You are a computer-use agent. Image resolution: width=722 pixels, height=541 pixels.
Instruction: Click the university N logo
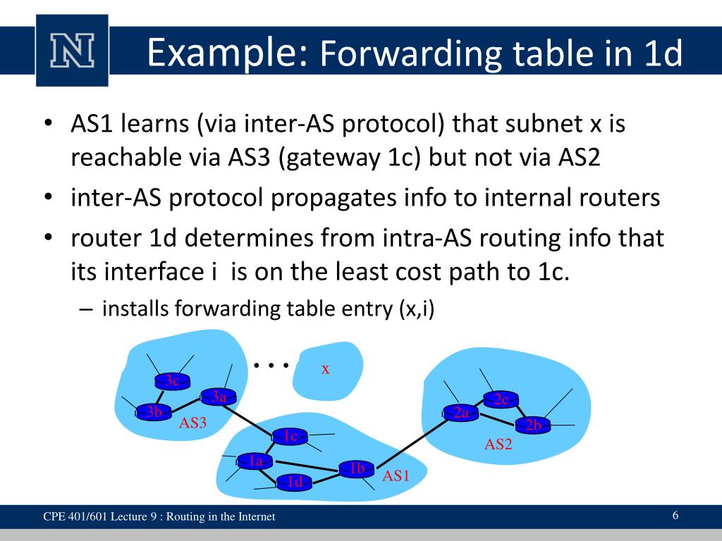click(x=71, y=50)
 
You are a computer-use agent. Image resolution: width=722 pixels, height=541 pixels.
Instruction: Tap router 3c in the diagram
click(x=172, y=381)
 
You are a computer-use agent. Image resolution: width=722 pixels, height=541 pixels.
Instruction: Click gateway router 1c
click(x=290, y=436)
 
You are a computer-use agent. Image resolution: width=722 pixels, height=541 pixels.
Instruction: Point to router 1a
click(x=255, y=461)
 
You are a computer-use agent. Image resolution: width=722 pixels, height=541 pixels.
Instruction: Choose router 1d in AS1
click(x=294, y=482)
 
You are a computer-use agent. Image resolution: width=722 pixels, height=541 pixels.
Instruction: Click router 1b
click(x=356, y=468)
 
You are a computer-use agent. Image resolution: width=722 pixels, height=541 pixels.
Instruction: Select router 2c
click(x=501, y=399)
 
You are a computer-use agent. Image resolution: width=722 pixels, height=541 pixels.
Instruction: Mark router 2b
click(x=533, y=425)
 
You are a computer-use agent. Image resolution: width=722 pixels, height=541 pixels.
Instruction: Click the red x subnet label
click(x=326, y=368)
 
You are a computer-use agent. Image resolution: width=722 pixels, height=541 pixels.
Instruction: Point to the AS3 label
click(x=192, y=423)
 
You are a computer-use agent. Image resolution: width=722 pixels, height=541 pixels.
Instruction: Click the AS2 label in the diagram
click(x=498, y=444)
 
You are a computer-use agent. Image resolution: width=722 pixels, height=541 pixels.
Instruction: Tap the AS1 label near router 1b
click(x=396, y=476)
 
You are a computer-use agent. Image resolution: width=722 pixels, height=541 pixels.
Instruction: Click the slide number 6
click(x=675, y=516)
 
